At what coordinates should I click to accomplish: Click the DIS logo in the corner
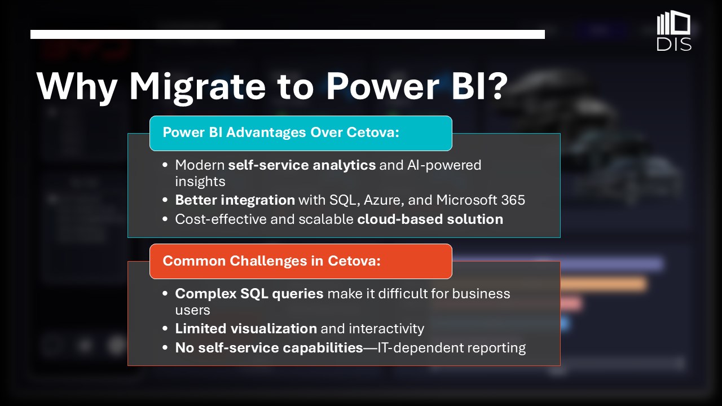point(673,30)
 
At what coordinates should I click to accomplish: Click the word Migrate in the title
point(197,87)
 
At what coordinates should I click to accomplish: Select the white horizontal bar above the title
point(288,34)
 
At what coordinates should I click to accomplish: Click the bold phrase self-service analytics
point(302,165)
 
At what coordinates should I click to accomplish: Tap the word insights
point(200,182)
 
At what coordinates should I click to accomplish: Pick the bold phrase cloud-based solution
point(430,219)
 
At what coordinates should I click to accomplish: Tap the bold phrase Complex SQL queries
point(249,294)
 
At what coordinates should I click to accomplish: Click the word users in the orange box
point(192,310)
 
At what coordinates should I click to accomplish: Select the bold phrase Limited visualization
point(246,329)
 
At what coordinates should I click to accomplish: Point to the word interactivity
point(386,329)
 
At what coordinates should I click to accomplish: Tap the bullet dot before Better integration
point(165,200)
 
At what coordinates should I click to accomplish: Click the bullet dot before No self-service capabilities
point(165,348)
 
